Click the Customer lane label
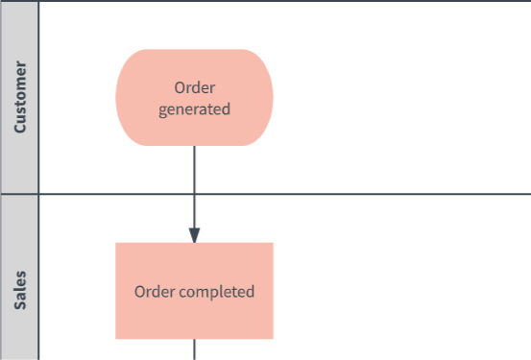[x=20, y=97]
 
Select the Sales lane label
[x=20, y=290]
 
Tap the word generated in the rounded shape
[x=194, y=109]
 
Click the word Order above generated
[x=194, y=88]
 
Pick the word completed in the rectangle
[x=217, y=292]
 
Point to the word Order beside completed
[x=155, y=292]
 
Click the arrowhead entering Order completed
[x=194, y=235]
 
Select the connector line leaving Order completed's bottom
[x=194, y=349]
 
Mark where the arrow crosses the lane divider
[x=194, y=194]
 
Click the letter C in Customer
[x=20, y=128]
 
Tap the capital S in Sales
[x=20, y=304]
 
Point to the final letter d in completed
[x=251, y=291]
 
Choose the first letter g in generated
[x=162, y=111]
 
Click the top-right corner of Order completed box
[x=274, y=243]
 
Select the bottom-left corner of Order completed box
[x=115, y=339]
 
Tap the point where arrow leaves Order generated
[x=194, y=146]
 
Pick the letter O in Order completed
[x=139, y=292]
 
